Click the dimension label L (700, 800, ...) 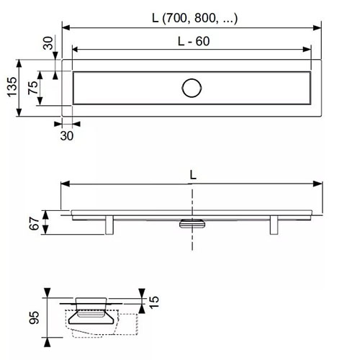click(x=195, y=18)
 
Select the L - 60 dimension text click(x=194, y=41)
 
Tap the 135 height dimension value click(x=12, y=87)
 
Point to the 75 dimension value click(x=33, y=88)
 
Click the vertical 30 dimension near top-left click(x=48, y=43)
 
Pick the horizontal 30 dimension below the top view click(x=67, y=136)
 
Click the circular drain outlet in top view click(x=192, y=88)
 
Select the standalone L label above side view click(x=193, y=175)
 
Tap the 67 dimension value click(x=34, y=224)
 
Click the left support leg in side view click(x=109, y=225)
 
